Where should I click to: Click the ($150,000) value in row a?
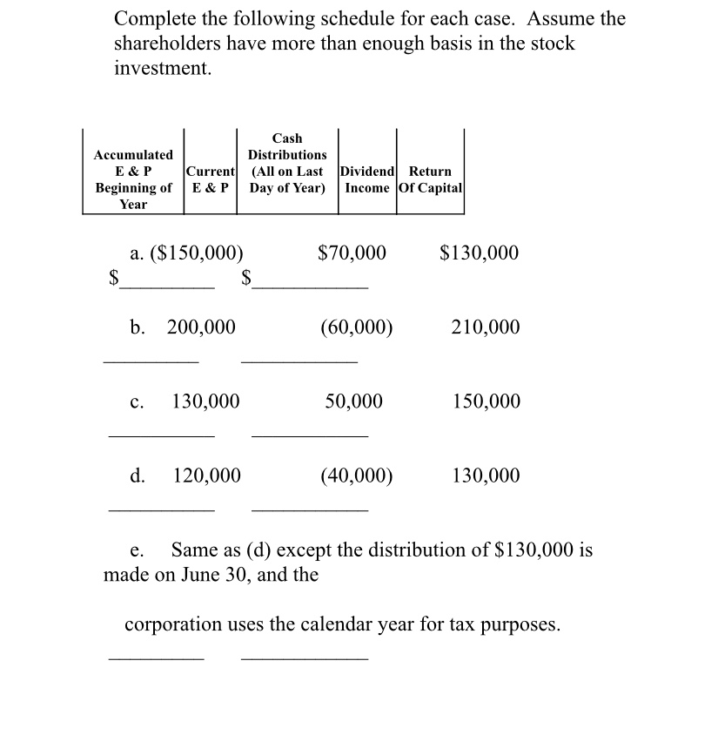[197, 253]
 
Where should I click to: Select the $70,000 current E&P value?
[352, 253]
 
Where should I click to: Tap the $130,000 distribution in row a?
[479, 253]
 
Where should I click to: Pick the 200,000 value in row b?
[201, 327]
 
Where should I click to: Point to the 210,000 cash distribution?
[486, 327]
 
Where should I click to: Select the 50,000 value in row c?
[353, 401]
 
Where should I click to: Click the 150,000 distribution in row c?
[486, 401]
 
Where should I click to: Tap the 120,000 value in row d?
[207, 475]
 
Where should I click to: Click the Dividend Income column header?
[367, 179]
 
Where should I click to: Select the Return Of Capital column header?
[430, 179]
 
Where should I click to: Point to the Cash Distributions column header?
[287, 163]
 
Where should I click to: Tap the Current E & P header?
[210, 179]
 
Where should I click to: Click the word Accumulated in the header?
[133, 155]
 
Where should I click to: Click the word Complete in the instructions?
[154, 18]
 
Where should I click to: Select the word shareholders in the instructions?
[170, 44]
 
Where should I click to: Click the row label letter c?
[137, 402]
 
